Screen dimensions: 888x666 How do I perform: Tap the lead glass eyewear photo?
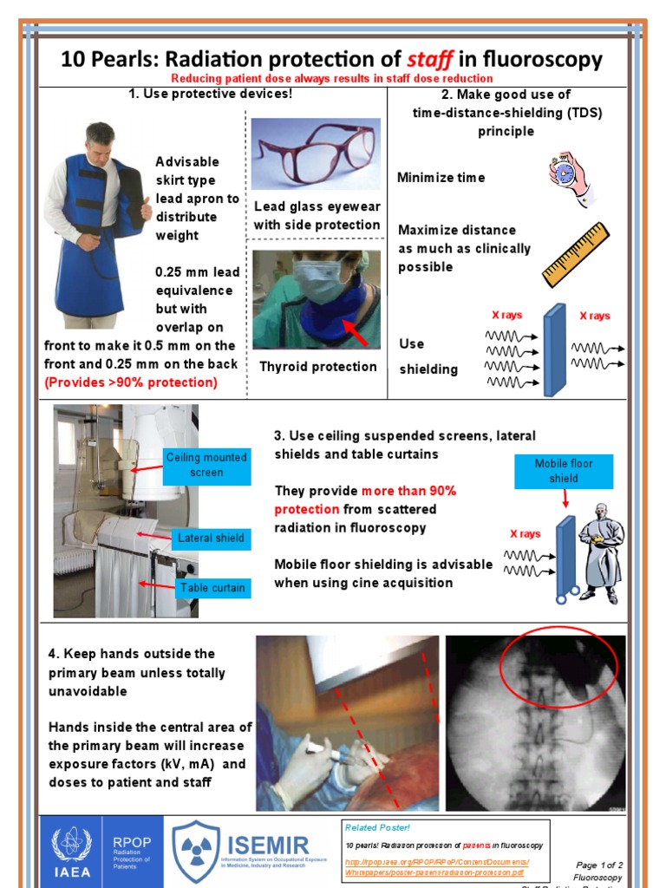pyautogui.click(x=316, y=153)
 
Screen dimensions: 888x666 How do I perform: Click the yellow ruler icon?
pyautogui.click(x=575, y=253)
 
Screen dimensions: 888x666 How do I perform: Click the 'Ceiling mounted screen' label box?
pyautogui.click(x=206, y=465)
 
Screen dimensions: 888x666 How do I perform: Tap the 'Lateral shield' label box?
pyautogui.click(x=211, y=538)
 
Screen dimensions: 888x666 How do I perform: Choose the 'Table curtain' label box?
pyautogui.click(x=212, y=588)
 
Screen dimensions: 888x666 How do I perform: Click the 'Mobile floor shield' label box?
pyautogui.click(x=563, y=471)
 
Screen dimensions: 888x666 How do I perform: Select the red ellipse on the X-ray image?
pyautogui.click(x=558, y=666)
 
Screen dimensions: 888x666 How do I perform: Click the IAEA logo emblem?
pyautogui.click(x=71, y=844)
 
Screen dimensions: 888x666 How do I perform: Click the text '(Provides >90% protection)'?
pyautogui.click(x=131, y=382)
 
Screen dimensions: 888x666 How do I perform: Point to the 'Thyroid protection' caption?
pyautogui.click(x=318, y=367)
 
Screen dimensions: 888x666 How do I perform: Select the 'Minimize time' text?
pyautogui.click(x=441, y=178)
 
